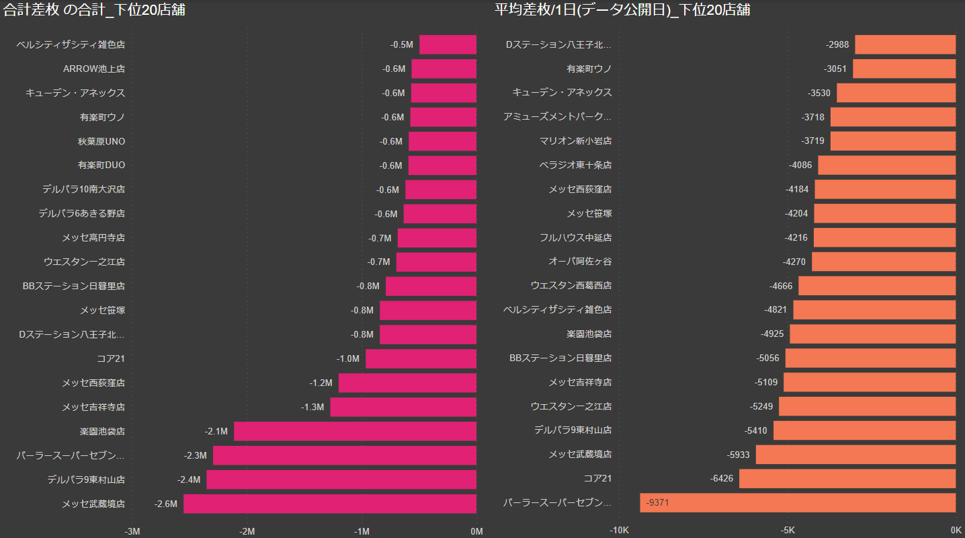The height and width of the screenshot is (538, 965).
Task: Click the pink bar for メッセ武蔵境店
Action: click(329, 504)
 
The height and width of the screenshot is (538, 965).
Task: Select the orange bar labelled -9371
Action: click(797, 502)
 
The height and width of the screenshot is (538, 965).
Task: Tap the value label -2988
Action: click(837, 45)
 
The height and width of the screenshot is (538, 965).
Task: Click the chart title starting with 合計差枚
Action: click(95, 10)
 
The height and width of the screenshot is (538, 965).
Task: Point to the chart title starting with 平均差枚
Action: click(622, 10)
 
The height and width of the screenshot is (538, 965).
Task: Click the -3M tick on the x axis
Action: click(133, 531)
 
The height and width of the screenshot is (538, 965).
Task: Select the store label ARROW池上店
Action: click(94, 69)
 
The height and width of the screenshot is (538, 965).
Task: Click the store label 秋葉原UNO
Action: click(101, 141)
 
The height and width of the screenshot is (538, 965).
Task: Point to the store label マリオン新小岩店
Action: click(575, 141)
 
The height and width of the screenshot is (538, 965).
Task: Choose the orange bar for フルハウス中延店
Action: click(884, 237)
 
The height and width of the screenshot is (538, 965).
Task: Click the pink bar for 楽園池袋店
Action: click(355, 431)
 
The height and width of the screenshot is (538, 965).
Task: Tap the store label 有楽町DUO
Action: click(101, 165)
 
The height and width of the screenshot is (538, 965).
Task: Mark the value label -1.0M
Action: click(348, 358)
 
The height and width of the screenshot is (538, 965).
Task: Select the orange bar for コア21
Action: click(847, 478)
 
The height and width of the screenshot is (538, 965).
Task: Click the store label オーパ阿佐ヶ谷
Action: click(580, 262)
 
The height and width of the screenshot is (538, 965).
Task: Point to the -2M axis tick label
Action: click(247, 531)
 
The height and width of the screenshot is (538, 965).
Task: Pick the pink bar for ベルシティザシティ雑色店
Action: click(448, 45)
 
